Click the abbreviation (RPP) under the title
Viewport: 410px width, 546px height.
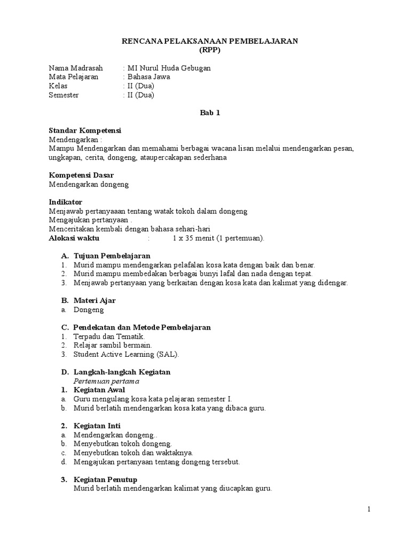(x=209, y=50)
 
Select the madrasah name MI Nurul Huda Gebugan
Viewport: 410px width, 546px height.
(x=169, y=68)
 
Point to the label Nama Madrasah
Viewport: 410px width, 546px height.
(x=76, y=68)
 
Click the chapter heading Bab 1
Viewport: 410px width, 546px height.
(x=209, y=113)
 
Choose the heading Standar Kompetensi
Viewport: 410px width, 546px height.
(x=85, y=130)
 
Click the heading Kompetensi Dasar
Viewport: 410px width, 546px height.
(x=81, y=175)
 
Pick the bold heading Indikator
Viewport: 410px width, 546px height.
(x=66, y=202)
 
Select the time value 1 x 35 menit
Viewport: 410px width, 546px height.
(x=194, y=238)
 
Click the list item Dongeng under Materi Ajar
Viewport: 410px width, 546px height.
(x=89, y=310)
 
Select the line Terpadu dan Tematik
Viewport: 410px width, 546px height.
(x=109, y=336)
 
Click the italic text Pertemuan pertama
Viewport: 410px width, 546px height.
(x=107, y=381)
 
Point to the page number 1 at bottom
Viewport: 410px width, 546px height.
(x=368, y=509)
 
